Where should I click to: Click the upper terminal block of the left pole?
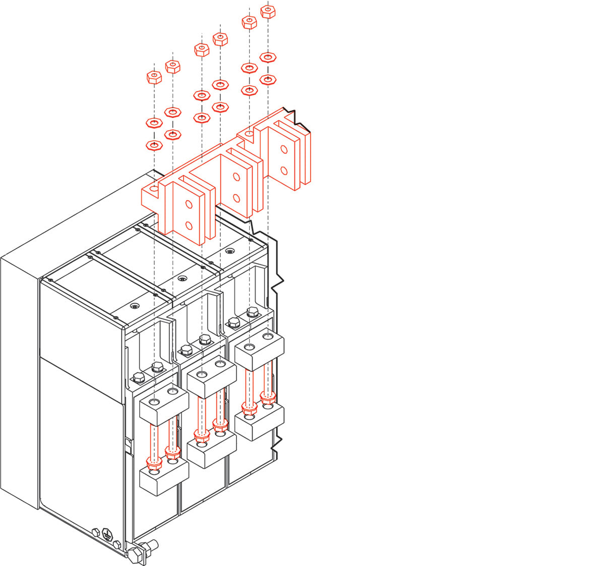163,403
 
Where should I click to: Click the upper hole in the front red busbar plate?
189,204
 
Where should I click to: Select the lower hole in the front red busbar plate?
189,225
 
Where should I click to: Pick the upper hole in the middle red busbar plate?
236,177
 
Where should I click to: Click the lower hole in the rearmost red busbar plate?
284,170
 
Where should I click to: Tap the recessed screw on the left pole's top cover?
134,306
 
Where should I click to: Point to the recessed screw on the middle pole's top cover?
182,278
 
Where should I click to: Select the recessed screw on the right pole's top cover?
230,251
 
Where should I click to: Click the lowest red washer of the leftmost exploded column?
154,145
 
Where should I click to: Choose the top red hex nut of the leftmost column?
154,77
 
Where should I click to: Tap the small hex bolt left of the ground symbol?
95,532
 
